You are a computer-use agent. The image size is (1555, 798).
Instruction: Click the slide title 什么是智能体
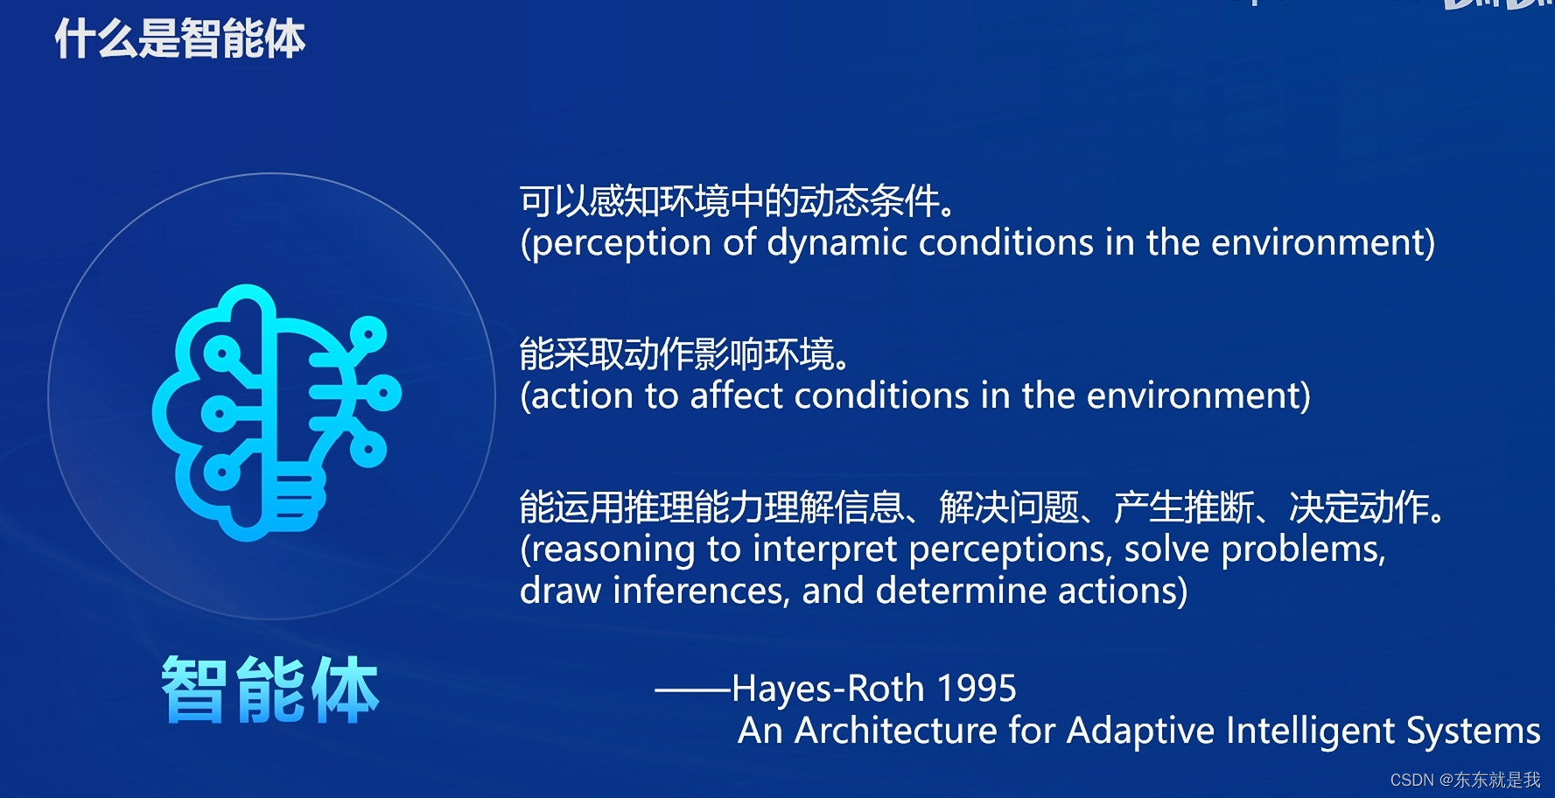[x=180, y=39]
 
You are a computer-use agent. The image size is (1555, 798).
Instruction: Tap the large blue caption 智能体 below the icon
[x=270, y=689]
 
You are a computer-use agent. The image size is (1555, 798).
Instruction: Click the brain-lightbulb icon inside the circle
[x=277, y=412]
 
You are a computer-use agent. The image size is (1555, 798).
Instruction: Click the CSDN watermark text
[x=1465, y=780]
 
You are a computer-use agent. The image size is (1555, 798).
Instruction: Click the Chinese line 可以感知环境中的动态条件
[x=738, y=201]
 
